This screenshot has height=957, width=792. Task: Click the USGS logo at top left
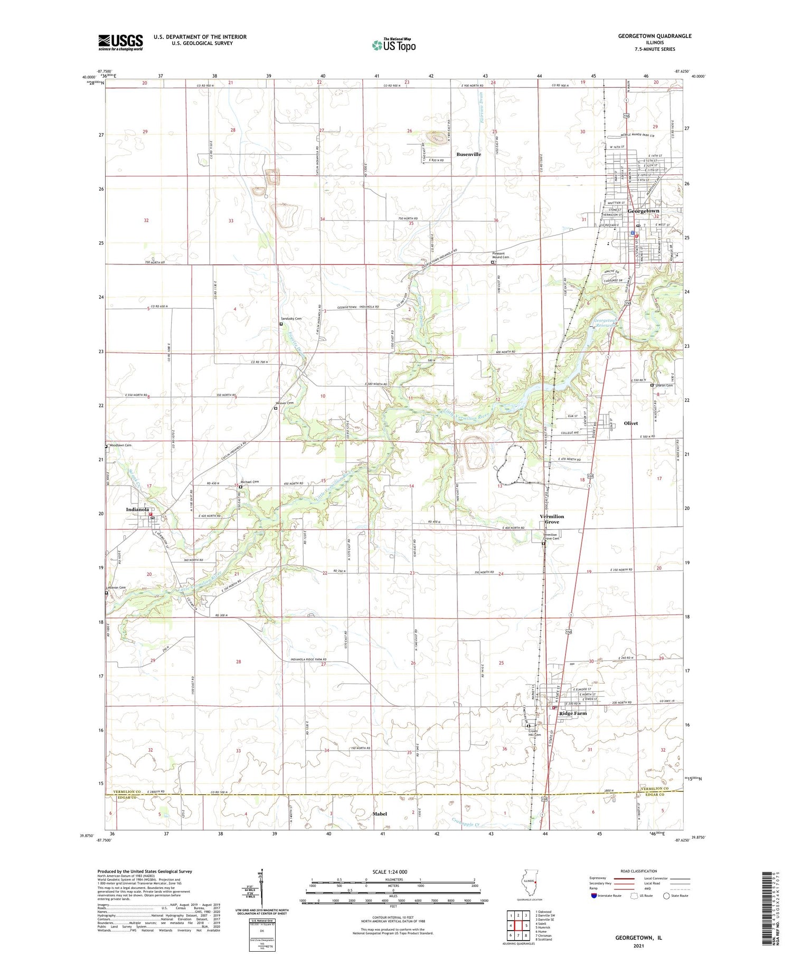pos(120,42)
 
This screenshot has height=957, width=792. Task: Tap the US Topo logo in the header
pos(393,45)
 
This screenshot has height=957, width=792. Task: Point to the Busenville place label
pos(468,154)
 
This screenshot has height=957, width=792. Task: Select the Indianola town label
pos(137,509)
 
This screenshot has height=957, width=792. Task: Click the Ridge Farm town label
pos(572,713)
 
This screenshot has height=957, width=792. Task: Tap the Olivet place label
pos(630,423)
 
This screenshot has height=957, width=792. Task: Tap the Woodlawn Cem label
pos(120,446)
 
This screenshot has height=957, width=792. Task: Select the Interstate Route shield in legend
pos(594,895)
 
